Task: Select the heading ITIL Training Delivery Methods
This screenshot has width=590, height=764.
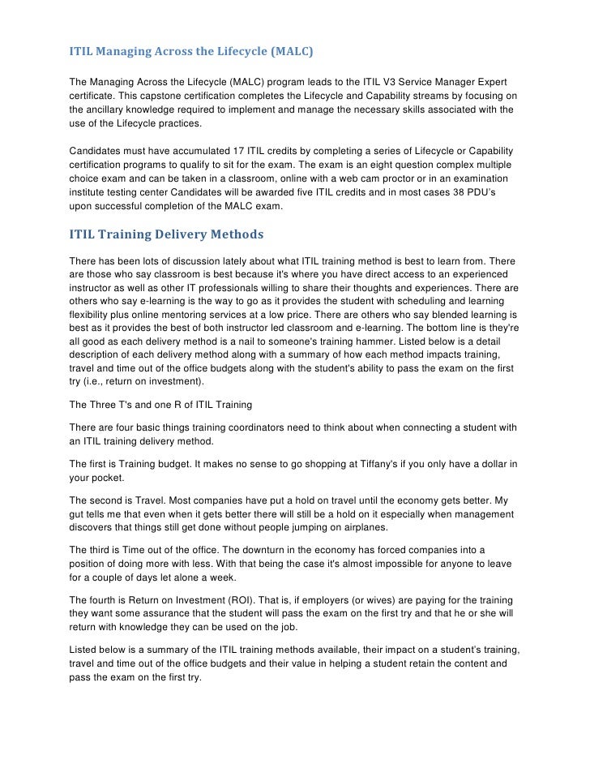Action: (166, 235)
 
